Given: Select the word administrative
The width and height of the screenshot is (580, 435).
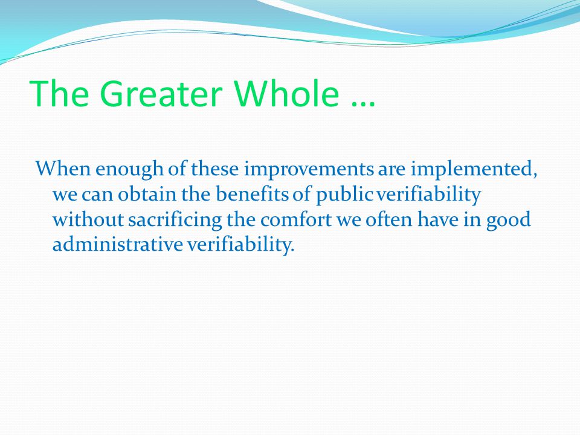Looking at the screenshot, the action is (118, 243).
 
